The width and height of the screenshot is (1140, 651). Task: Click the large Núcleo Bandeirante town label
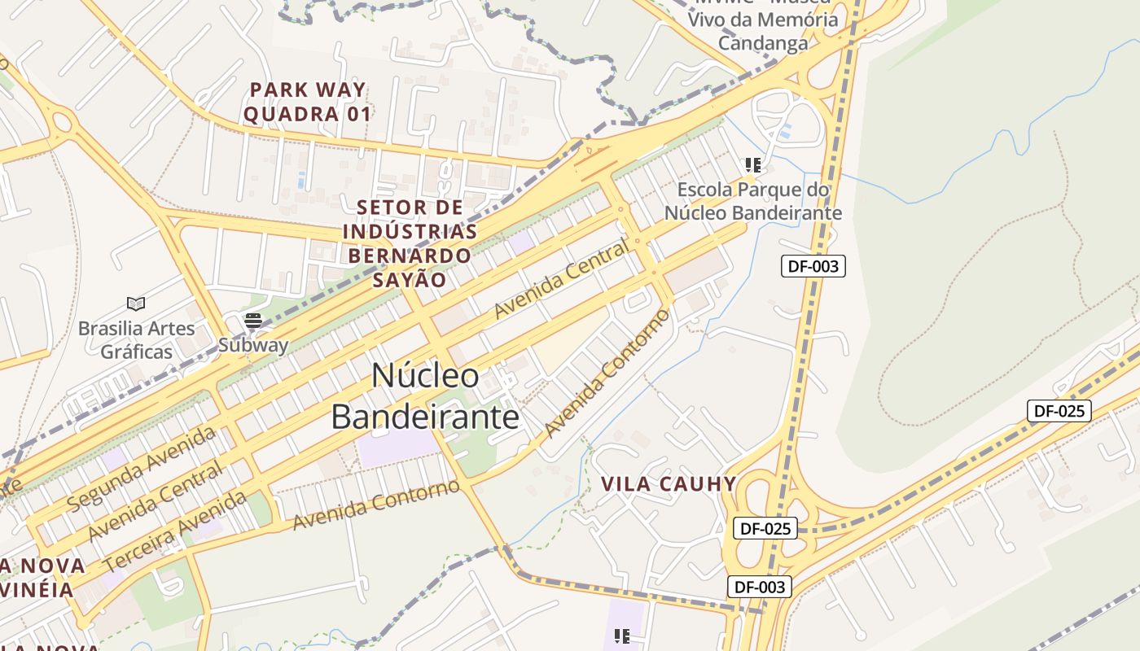(424, 396)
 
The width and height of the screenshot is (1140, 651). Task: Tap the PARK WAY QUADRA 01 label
(308, 102)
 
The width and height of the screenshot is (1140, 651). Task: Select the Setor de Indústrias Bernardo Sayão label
(410, 243)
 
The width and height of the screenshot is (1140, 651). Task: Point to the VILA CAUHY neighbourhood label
(669, 484)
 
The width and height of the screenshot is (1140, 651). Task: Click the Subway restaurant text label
(253, 345)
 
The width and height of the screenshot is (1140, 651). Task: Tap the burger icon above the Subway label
(252, 321)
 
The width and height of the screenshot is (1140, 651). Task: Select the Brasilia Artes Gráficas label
(136, 340)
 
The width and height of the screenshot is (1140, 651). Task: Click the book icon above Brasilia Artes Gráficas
(136, 304)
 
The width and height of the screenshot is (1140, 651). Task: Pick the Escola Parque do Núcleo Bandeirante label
(753, 202)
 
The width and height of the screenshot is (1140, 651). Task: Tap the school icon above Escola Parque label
(753, 165)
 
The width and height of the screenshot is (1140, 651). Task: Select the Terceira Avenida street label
(175, 533)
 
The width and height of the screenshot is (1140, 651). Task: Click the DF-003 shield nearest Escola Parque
(813, 266)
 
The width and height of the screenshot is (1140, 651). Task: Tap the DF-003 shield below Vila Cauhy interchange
(759, 587)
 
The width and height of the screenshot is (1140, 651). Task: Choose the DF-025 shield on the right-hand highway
(1059, 411)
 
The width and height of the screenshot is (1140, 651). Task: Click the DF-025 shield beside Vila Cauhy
(766, 528)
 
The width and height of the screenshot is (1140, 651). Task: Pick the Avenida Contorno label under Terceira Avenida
(376, 505)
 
